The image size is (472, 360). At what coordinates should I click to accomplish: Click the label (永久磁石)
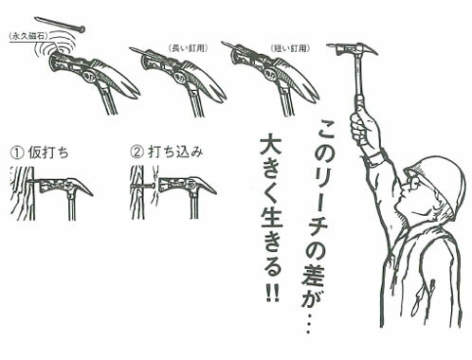click(27, 39)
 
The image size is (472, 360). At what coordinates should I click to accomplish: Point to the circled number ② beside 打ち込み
click(136, 151)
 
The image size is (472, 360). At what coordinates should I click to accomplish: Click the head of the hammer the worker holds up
click(352, 49)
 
